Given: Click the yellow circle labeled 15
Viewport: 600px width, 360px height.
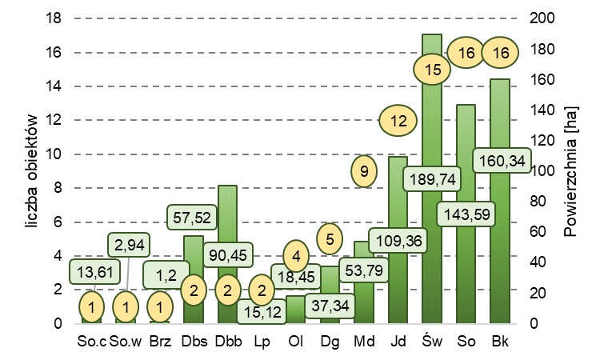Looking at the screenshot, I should click(433, 70).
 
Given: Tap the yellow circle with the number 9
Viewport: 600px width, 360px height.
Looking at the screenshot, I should click(364, 170).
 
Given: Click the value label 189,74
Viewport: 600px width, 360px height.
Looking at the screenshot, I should click(433, 178).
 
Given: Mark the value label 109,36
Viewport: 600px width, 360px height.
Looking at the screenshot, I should click(398, 238).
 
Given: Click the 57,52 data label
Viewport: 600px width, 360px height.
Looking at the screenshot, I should click(193, 216).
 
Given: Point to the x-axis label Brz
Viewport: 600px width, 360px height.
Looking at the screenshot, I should click(160, 342).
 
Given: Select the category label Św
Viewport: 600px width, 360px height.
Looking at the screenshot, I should click(432, 342).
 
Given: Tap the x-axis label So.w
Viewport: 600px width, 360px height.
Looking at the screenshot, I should click(126, 342).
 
